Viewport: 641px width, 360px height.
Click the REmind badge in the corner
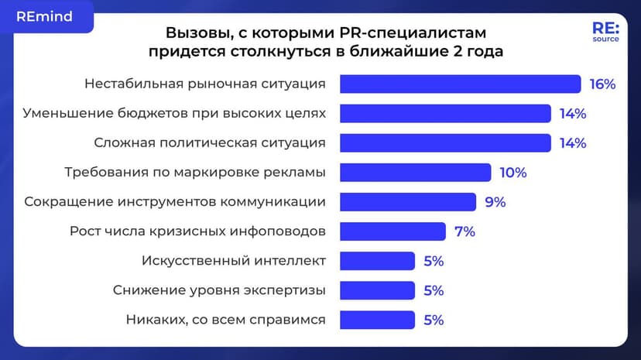tap(45, 17)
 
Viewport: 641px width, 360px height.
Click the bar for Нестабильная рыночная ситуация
tap(460, 84)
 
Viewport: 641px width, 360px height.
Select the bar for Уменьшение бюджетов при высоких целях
tap(445, 113)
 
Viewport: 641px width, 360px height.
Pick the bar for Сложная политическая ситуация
tap(445, 142)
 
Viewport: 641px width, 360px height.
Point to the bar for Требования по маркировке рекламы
tap(416, 172)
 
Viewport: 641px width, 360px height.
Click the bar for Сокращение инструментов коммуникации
tap(408, 201)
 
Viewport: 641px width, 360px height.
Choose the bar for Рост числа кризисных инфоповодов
tap(392, 231)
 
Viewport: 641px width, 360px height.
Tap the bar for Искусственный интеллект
tap(378, 260)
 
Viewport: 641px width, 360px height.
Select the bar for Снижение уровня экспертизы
tap(378, 290)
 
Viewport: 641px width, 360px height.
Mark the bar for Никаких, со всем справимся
tap(378, 320)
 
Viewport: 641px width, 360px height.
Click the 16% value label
tap(602, 84)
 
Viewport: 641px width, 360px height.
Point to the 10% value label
tap(512, 172)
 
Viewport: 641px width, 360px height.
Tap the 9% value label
tap(495, 201)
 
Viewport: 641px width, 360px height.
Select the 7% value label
tap(464, 231)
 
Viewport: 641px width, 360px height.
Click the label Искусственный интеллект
tap(234, 261)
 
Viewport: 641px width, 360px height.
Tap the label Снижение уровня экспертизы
tap(219, 290)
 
